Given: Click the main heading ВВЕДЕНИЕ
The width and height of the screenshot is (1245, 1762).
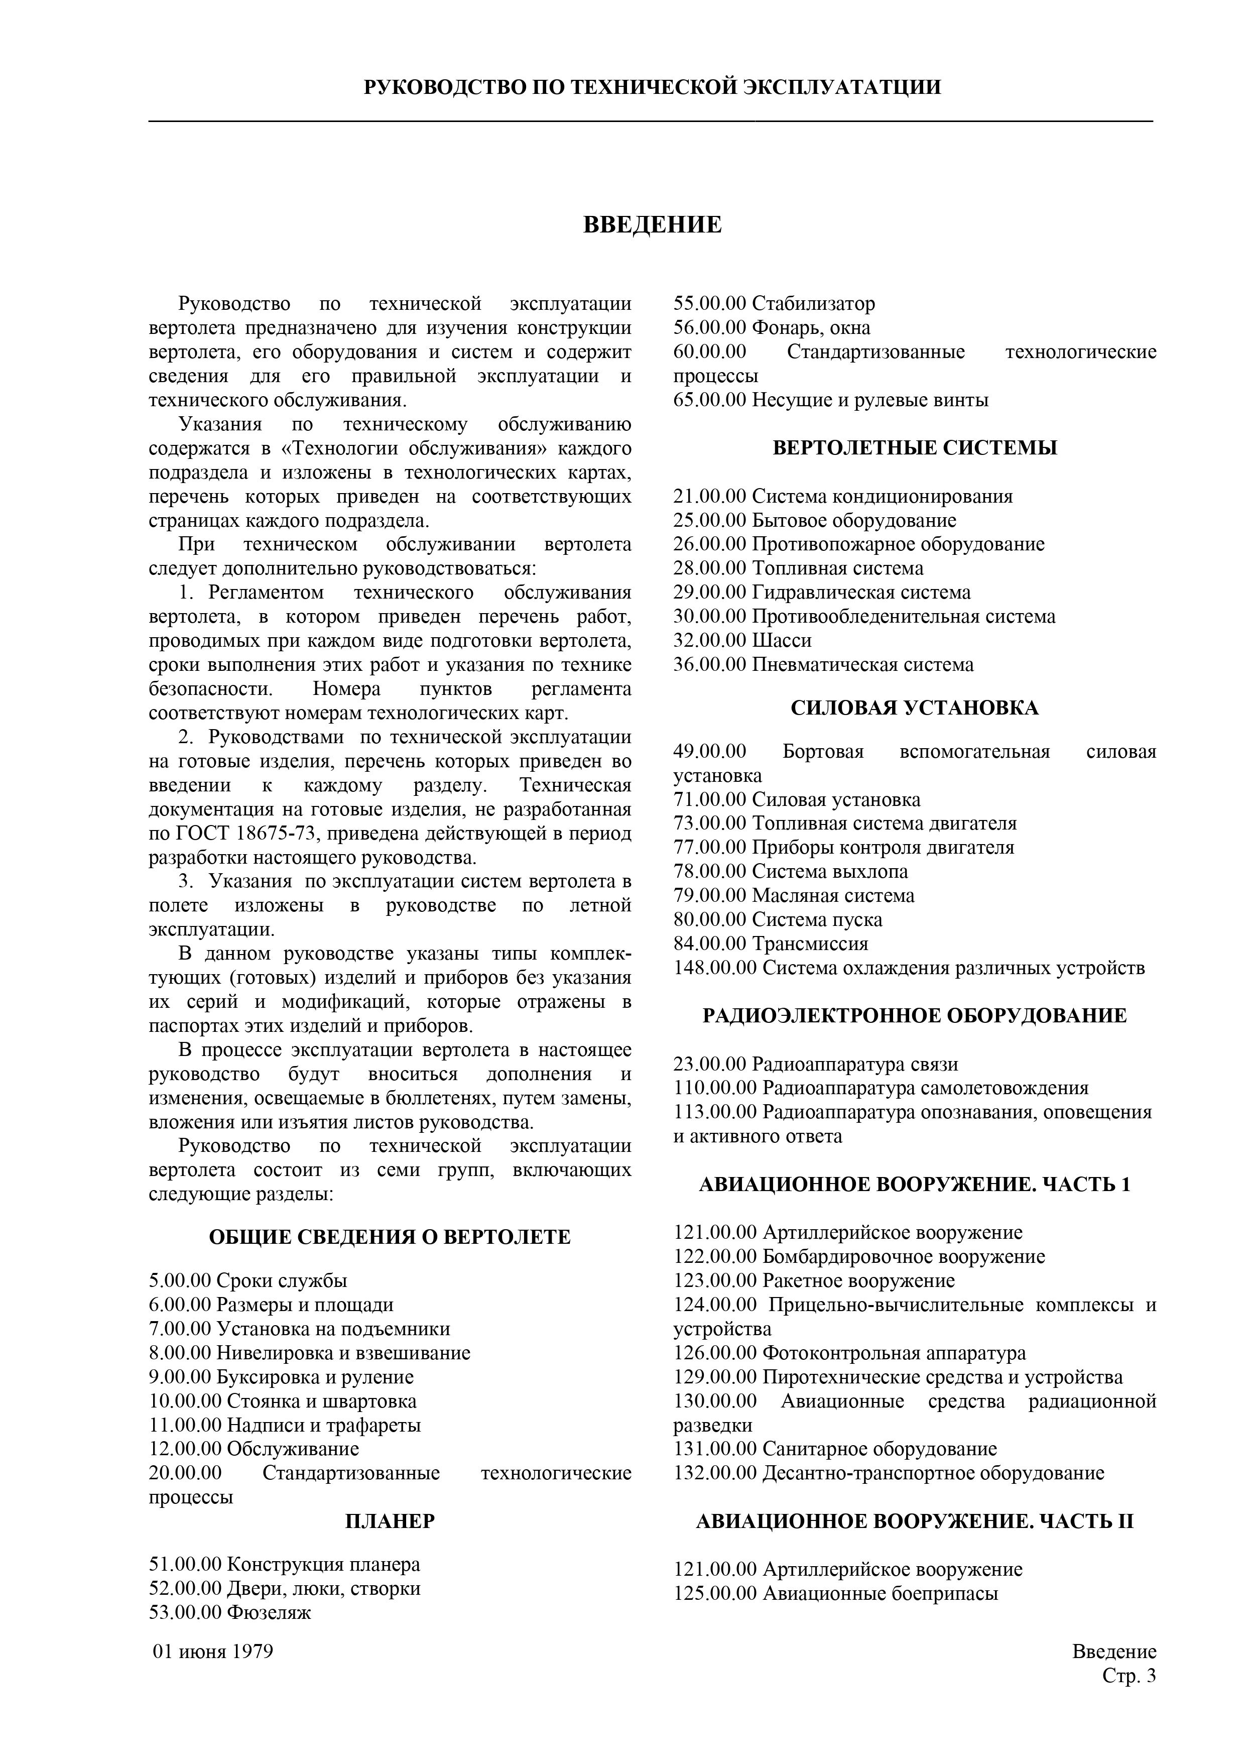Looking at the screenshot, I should click(652, 225).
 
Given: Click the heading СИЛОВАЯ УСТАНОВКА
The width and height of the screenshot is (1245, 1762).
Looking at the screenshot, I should click(914, 707).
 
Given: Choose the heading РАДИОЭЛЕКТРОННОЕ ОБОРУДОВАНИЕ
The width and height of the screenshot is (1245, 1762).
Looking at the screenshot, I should click(914, 1015).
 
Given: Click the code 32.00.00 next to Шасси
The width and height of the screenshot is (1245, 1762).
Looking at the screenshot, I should click(709, 640).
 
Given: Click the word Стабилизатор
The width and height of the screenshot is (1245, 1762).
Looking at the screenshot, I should click(813, 304).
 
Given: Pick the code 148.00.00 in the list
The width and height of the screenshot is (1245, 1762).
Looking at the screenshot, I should click(715, 968).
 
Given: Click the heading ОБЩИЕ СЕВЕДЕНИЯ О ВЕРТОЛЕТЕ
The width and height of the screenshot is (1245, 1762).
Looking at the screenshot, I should click(390, 1237).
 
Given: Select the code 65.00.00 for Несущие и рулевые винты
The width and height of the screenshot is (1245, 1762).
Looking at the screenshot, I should click(709, 400).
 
